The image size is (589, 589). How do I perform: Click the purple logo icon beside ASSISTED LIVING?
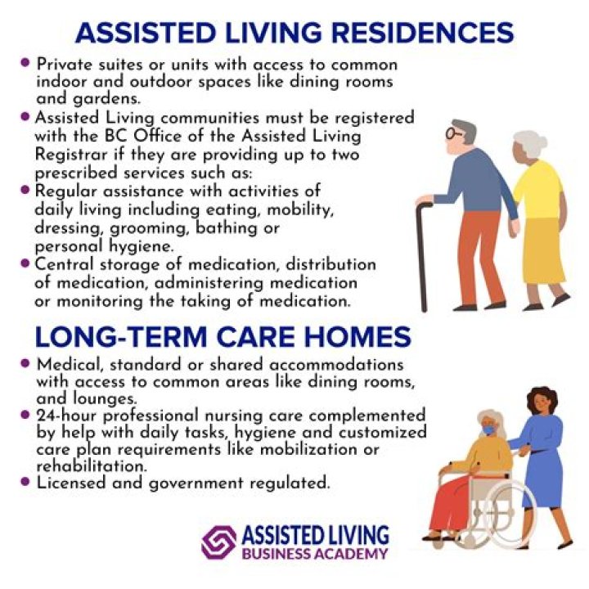(x=218, y=542)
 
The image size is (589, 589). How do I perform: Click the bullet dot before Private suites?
(x=25, y=62)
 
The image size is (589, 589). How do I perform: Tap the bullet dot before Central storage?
(x=25, y=263)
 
